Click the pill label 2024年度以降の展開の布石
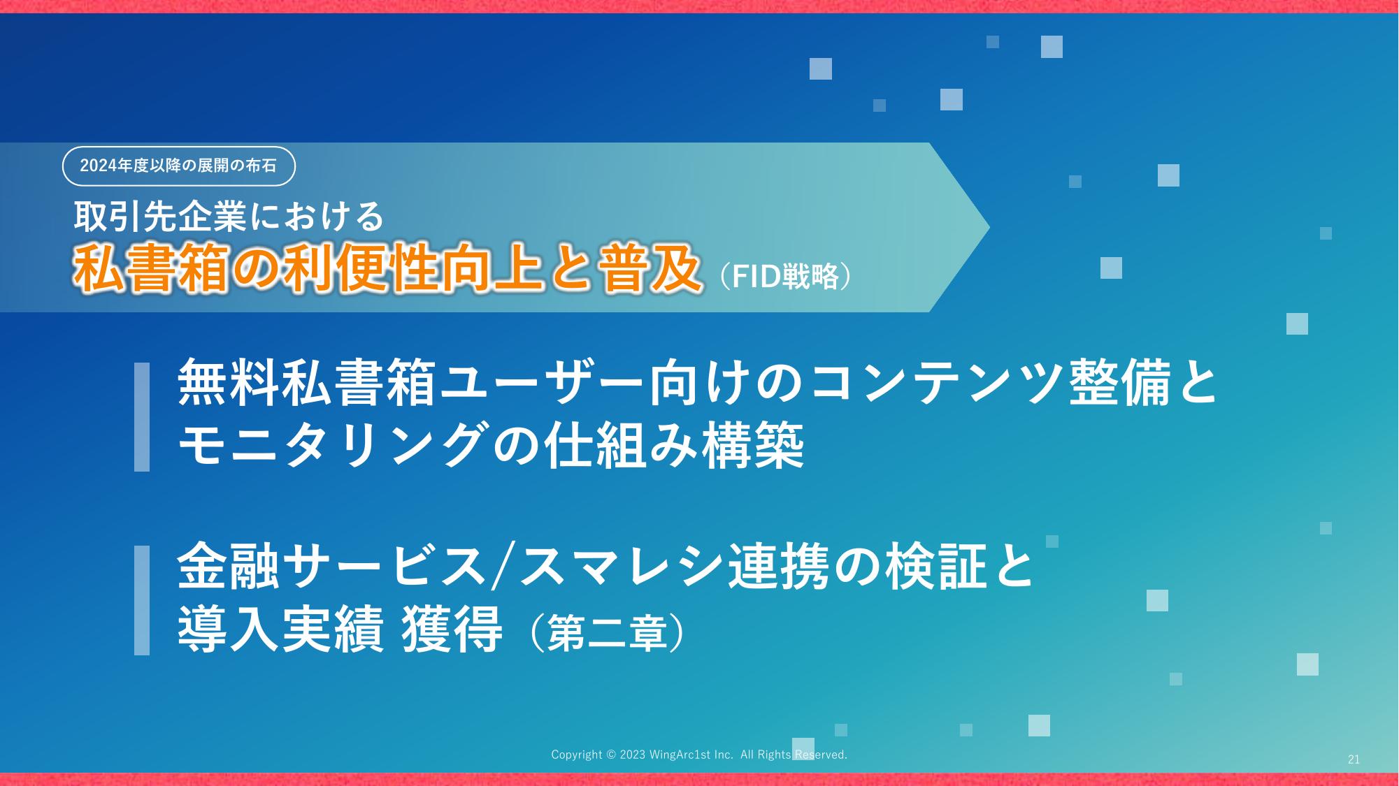tap(179, 166)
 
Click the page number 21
tap(1354, 759)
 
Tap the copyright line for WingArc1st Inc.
tap(699, 755)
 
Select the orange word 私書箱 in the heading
tap(151, 269)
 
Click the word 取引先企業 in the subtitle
tap(160, 217)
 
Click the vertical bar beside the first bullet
tap(142, 416)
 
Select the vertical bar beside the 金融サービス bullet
tap(142, 600)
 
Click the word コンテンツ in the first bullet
tap(938, 384)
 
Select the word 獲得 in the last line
tap(452, 629)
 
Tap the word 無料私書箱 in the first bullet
tap(307, 384)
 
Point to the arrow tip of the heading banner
tap(989, 227)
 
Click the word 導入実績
tap(281, 629)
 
